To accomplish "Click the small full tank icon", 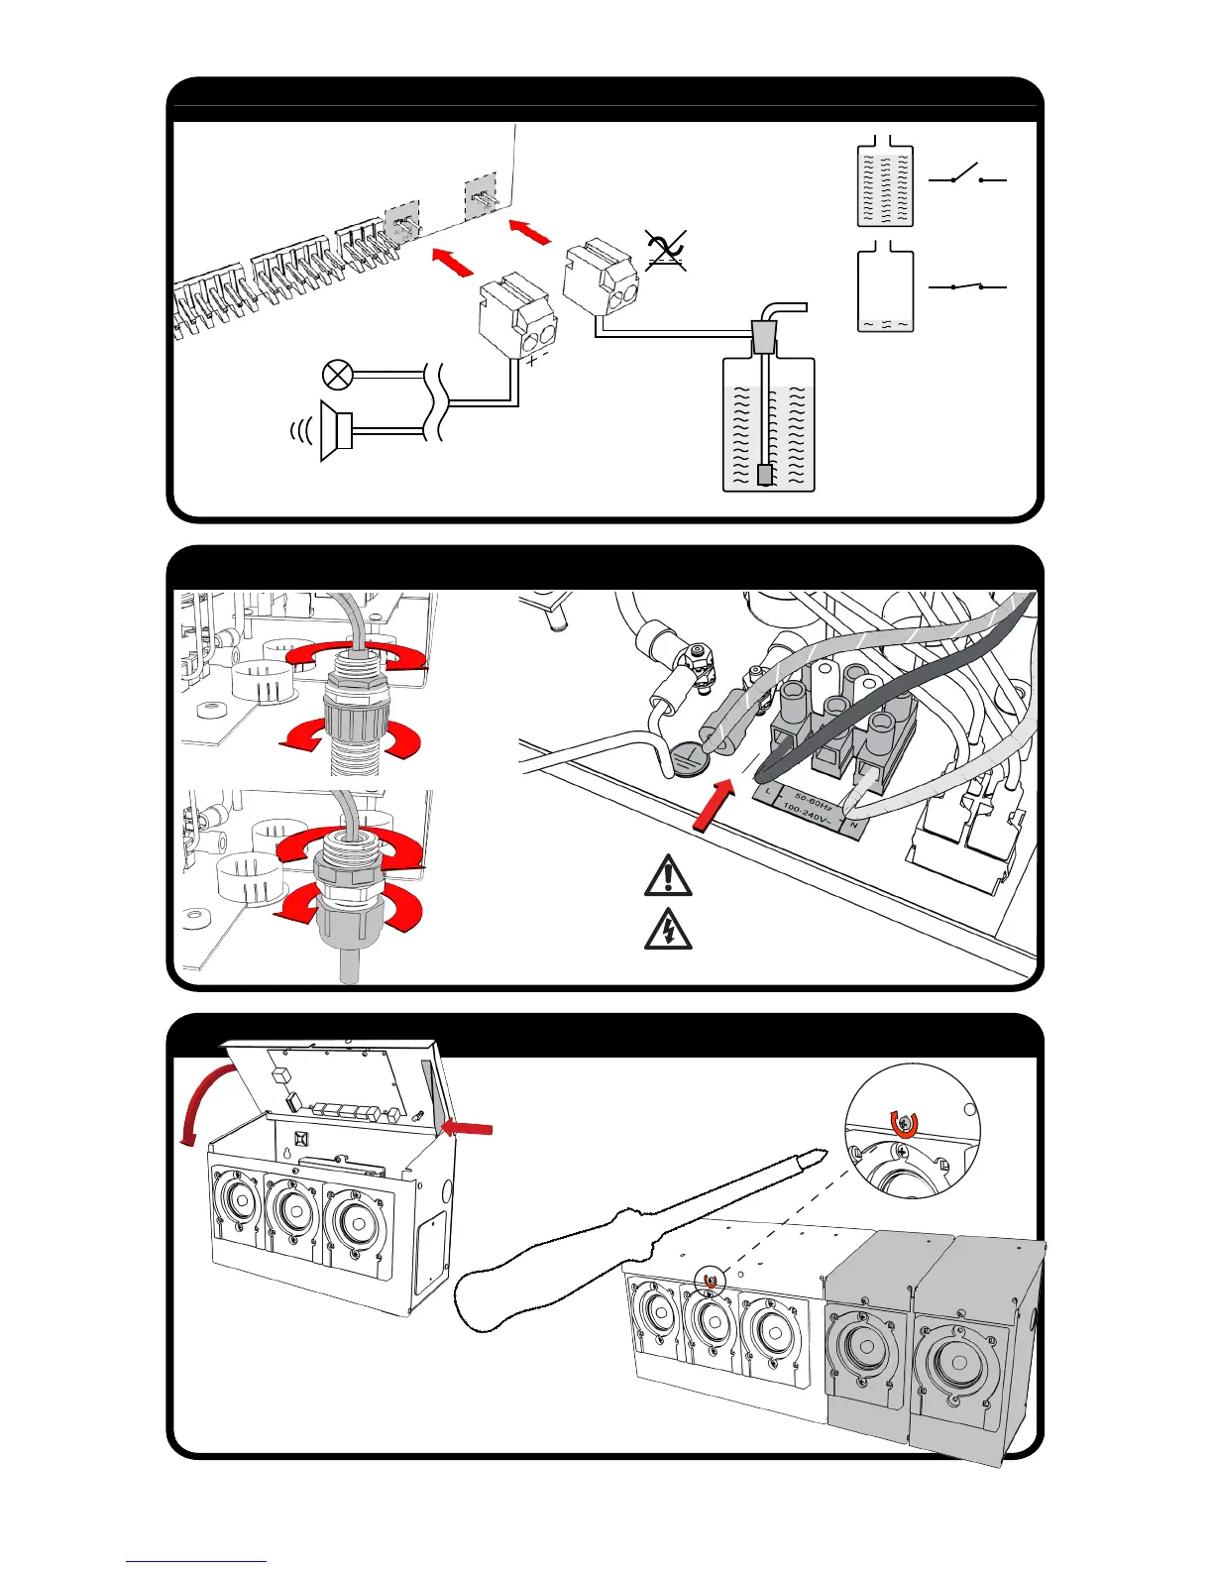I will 884,186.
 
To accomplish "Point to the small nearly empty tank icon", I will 884,290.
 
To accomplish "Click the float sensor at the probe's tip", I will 765,475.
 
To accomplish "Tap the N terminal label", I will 853,825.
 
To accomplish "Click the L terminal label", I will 769,790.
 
